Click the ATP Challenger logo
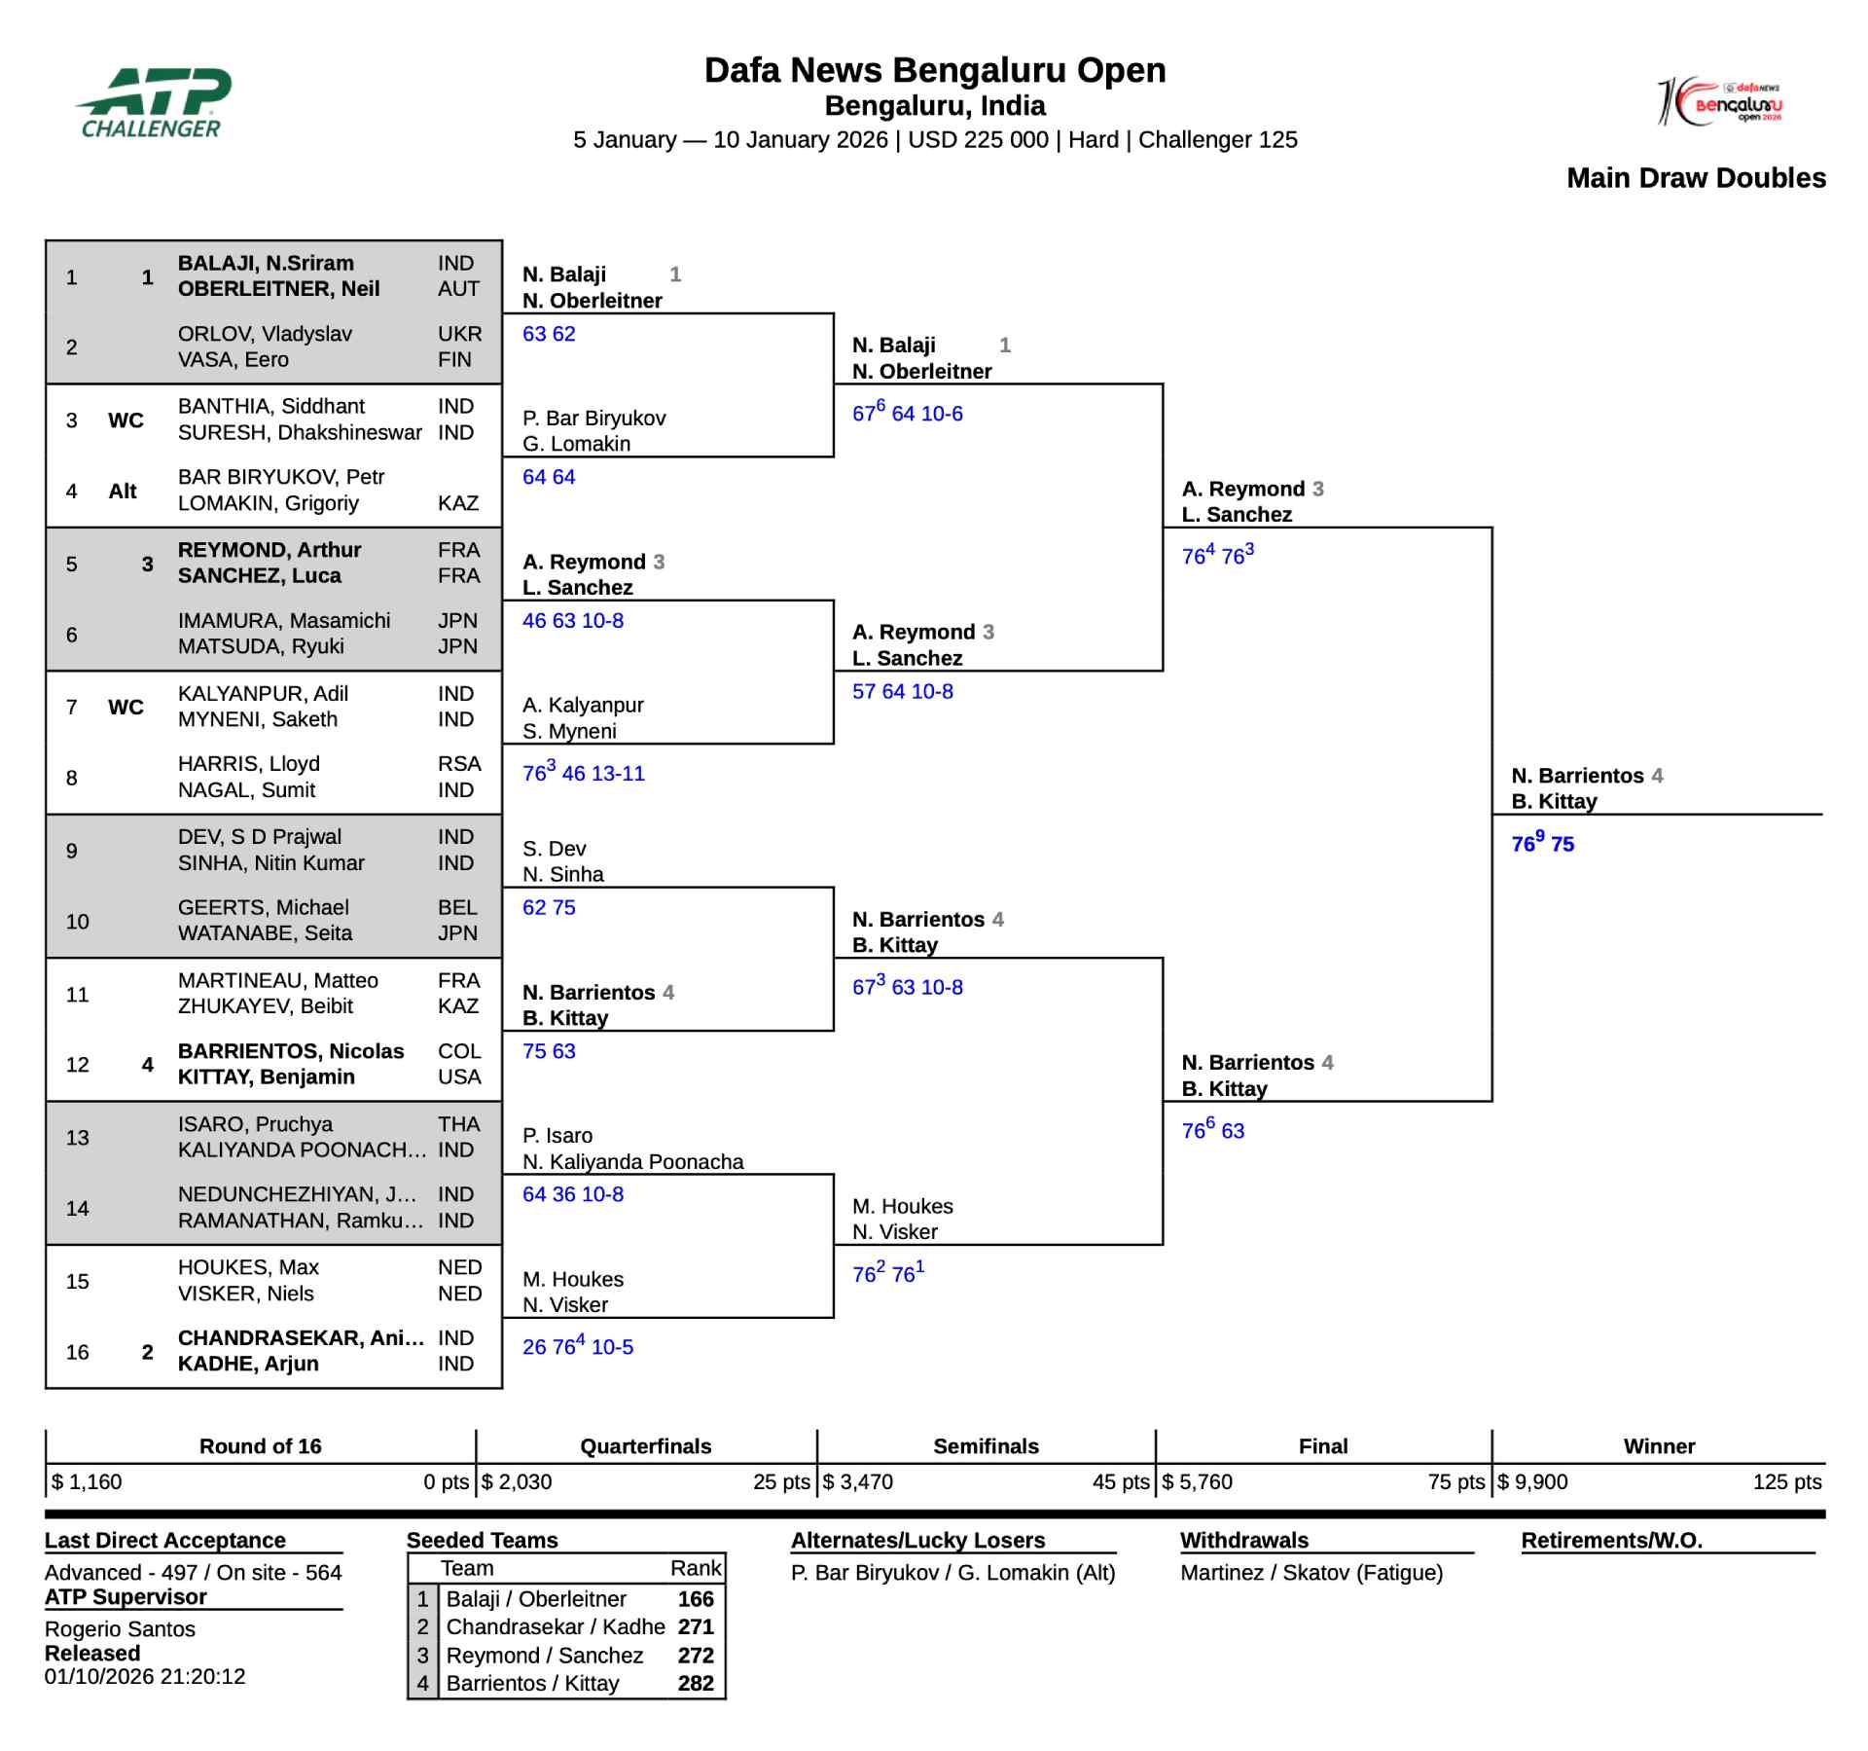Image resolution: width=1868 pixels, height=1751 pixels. pos(153,102)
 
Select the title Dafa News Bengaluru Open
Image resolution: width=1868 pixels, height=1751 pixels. pos(934,70)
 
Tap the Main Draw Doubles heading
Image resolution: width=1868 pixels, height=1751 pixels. pos(1696,178)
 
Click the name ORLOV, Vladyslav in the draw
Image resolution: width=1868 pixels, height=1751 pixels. pos(265,334)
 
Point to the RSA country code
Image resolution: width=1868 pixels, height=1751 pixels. pos(459,764)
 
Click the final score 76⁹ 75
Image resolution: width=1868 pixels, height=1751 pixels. pos(1542,844)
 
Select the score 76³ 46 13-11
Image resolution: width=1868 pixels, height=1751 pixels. pos(583,773)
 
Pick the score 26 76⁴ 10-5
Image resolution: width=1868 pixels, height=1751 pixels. pos(577,1346)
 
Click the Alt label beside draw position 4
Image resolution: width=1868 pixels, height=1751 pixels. pos(123,492)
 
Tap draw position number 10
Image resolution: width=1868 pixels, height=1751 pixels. pos(78,921)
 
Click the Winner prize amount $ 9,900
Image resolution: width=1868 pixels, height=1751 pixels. pos(1533,1481)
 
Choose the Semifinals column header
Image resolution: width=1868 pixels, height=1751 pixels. pos(986,1446)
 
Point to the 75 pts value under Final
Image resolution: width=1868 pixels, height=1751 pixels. pos(1455,1481)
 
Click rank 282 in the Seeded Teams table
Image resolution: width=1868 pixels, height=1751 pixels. pos(696,1683)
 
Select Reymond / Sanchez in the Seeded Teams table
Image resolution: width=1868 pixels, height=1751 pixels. pos(544,1655)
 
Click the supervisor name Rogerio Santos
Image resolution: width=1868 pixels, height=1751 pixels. pos(120,1628)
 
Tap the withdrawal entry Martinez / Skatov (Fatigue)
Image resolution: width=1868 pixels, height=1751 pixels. pos(1311,1572)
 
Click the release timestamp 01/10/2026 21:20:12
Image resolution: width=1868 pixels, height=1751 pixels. pos(145,1676)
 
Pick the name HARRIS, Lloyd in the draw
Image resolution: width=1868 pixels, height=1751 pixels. pos(248,764)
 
